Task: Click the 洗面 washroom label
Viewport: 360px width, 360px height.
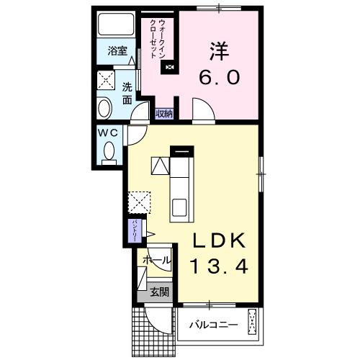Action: [127, 94]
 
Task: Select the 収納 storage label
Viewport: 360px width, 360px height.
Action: [163, 112]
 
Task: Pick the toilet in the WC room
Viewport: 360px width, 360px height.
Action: [109, 152]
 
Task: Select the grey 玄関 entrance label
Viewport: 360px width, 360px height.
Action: [160, 292]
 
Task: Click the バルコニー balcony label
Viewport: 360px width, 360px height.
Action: [213, 325]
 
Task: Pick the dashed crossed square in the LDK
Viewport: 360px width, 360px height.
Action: [138, 202]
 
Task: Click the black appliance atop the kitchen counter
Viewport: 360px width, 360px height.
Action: [181, 152]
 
